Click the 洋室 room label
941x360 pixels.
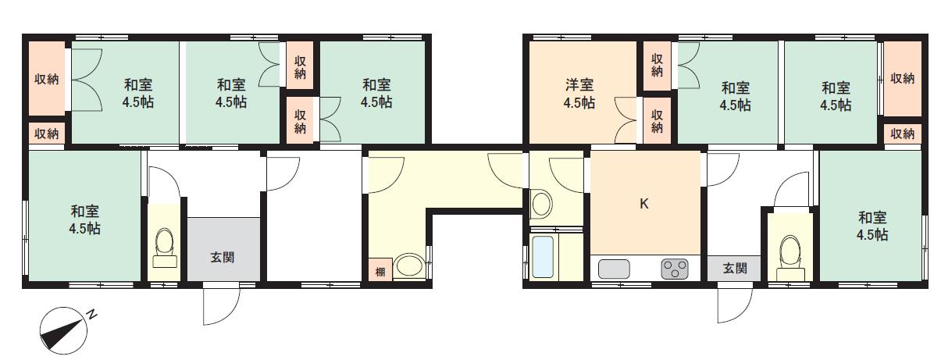coord(579,84)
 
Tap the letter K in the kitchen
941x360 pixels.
coord(644,204)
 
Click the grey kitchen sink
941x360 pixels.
coord(614,269)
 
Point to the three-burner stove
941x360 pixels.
coord(675,269)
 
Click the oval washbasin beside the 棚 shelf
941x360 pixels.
coord(409,266)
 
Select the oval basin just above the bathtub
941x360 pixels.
coord(540,205)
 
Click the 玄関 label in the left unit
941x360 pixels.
coord(223,257)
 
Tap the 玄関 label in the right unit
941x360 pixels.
coord(734,269)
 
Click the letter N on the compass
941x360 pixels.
coord(92,315)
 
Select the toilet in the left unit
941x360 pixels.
coord(164,242)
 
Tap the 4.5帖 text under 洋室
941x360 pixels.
coord(579,102)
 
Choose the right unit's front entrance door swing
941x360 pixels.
coord(733,305)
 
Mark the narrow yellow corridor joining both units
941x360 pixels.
coord(469,180)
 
